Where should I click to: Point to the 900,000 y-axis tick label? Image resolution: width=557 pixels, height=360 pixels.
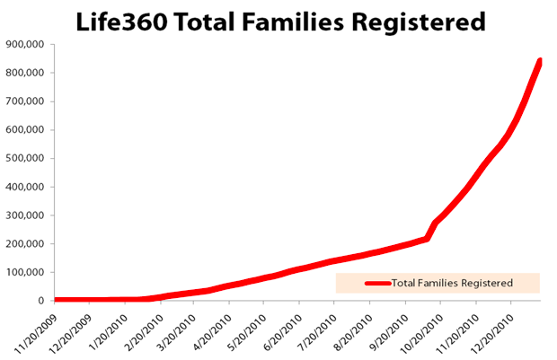pyautogui.click(x=26, y=44)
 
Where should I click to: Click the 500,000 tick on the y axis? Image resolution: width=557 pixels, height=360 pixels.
pyautogui.click(x=26, y=158)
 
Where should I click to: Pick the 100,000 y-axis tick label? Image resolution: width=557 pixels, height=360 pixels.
pyautogui.click(x=26, y=272)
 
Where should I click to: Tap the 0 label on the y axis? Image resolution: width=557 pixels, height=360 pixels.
pyautogui.click(x=42, y=301)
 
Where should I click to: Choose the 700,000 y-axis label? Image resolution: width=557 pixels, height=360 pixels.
pyautogui.click(x=26, y=101)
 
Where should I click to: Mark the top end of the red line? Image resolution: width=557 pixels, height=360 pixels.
pyautogui.click(x=541, y=61)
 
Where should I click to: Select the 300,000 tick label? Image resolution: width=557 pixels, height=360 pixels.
pyautogui.click(x=26, y=215)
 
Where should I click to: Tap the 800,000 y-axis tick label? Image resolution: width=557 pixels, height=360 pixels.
pyautogui.click(x=26, y=73)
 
